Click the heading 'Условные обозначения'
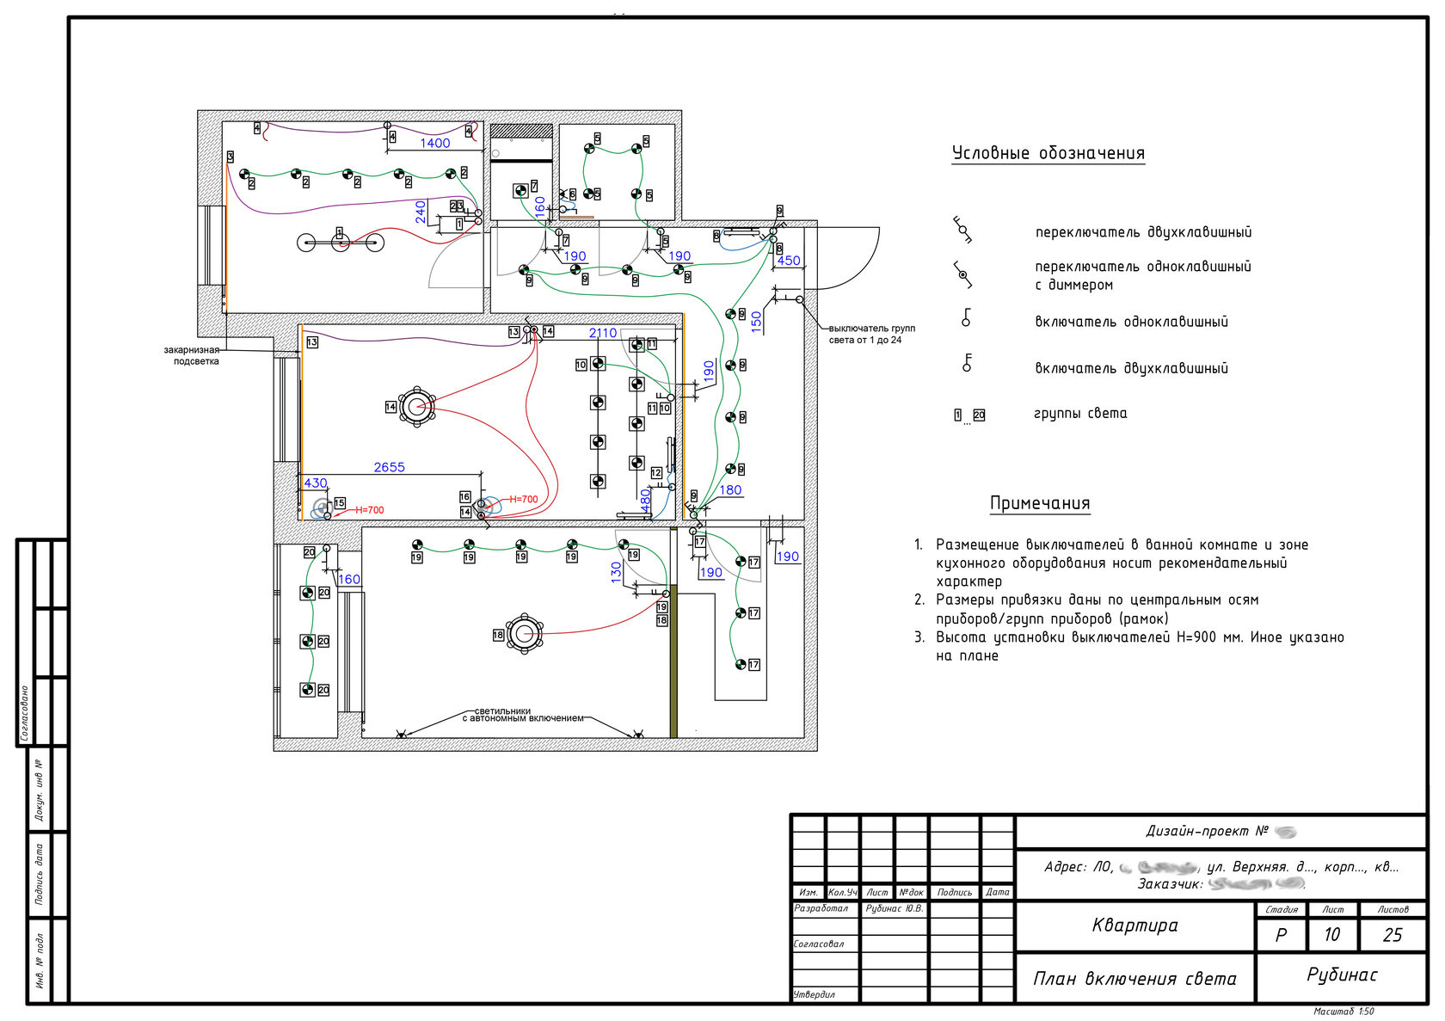(x=1048, y=153)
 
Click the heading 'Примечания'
(x=1040, y=503)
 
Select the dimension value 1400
(x=434, y=143)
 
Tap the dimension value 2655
(x=389, y=467)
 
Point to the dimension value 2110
(x=602, y=333)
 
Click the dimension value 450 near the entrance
(x=788, y=261)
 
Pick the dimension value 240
(x=421, y=212)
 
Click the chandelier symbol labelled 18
(x=524, y=634)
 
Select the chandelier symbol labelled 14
(x=417, y=406)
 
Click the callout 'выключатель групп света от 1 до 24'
(x=871, y=334)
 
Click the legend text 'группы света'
(x=1079, y=414)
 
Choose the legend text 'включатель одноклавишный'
(x=1131, y=322)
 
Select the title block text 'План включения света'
(x=1134, y=979)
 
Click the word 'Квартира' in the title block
(x=1134, y=926)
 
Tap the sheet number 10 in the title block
(x=1331, y=935)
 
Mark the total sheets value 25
(x=1393, y=935)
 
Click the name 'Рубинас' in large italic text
(x=1341, y=975)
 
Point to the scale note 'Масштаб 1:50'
(x=1344, y=1012)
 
